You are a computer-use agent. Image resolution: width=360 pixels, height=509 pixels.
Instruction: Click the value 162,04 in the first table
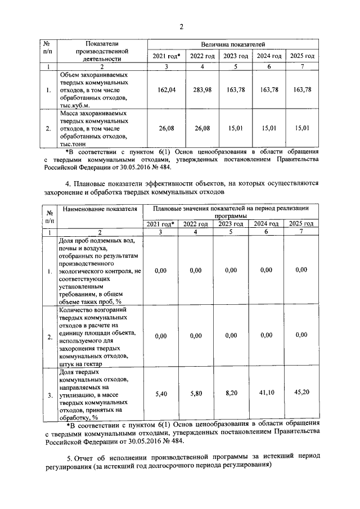167,89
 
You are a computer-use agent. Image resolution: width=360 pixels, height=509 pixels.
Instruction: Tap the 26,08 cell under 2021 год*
167,128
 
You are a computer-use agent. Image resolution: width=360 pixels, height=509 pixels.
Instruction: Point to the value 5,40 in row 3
161,395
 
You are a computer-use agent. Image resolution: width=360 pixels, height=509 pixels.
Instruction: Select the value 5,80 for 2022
195,395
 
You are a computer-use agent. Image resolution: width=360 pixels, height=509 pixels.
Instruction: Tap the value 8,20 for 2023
231,395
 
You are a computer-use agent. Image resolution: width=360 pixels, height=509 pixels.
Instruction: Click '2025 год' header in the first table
302,56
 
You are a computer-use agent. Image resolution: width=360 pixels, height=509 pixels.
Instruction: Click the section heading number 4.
68,183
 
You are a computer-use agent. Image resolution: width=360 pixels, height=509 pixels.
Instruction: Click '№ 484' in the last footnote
167,442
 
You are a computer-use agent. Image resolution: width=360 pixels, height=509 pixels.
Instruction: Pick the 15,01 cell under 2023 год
235,128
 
